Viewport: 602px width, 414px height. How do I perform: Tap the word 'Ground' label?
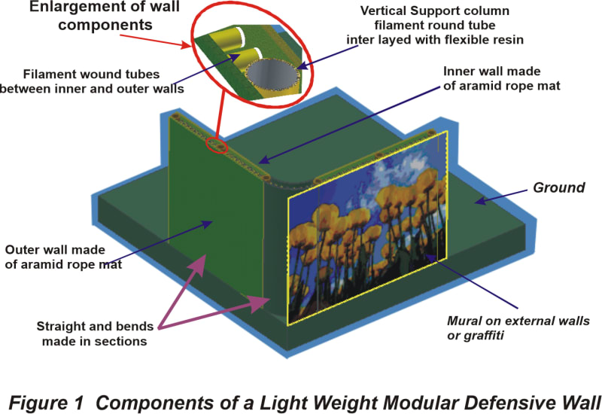[x=559, y=187]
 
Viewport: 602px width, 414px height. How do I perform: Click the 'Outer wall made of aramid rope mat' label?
[x=56, y=257]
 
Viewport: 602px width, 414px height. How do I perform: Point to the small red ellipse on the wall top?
[x=217, y=144]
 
